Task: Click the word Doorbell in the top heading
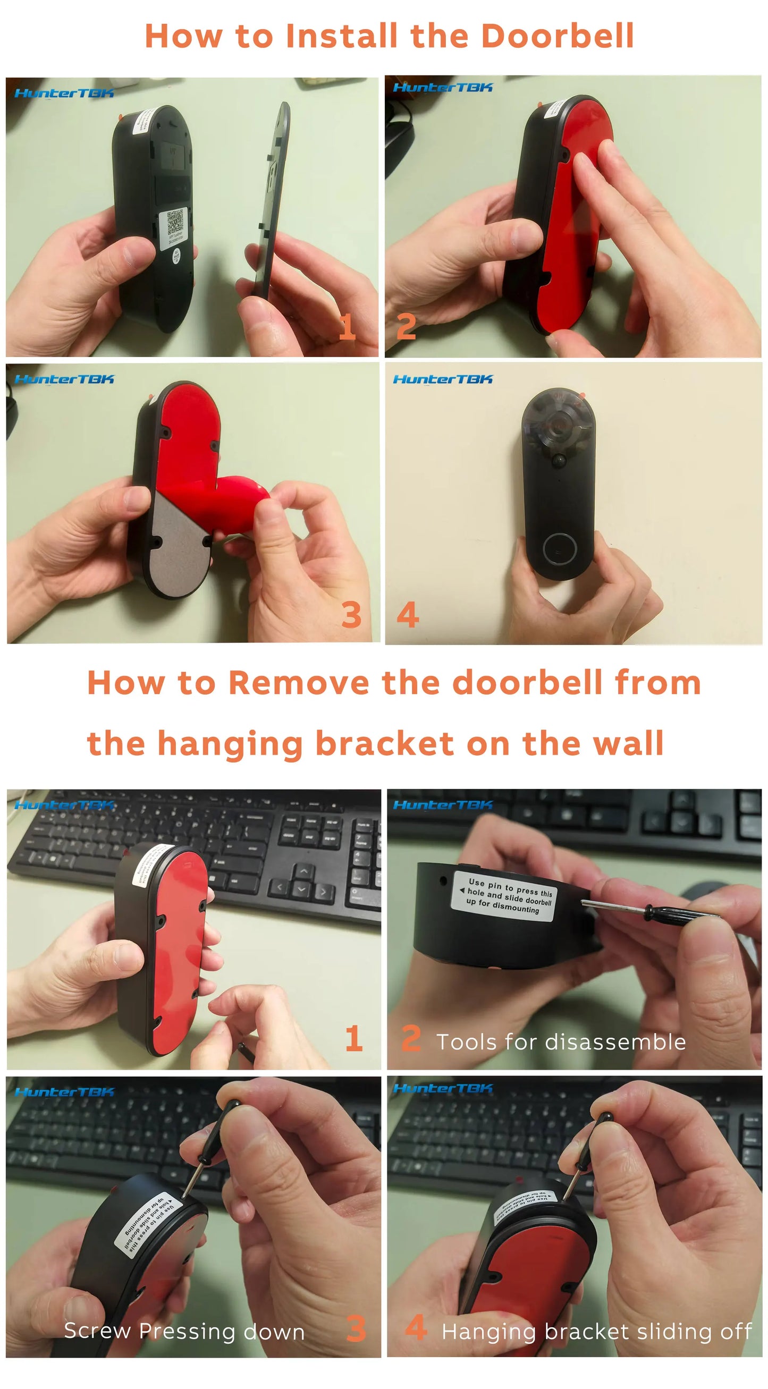click(556, 37)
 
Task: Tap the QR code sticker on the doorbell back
click(175, 223)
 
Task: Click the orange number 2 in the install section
click(406, 327)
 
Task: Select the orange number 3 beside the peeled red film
click(351, 615)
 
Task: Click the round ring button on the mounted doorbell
click(559, 548)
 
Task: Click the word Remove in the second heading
click(299, 683)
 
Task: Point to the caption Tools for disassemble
click(561, 1041)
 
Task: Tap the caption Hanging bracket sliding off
click(596, 1331)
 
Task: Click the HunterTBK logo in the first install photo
click(64, 94)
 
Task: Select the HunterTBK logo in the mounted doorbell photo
click(443, 379)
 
